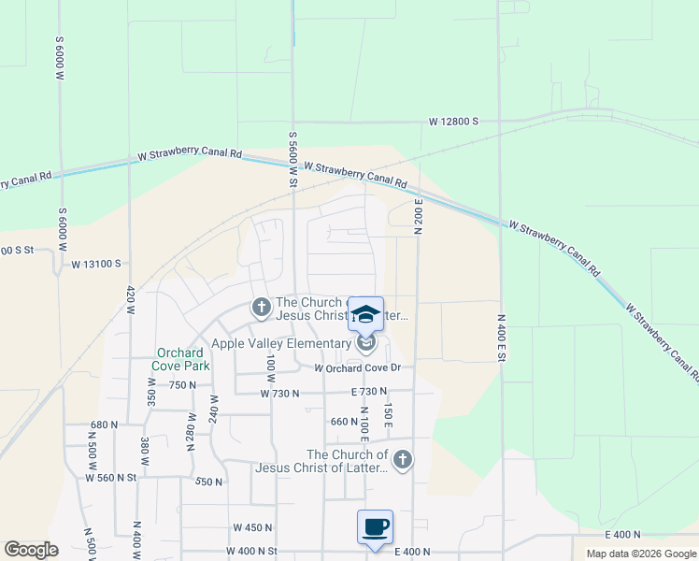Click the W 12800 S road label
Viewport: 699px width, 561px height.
[x=453, y=122]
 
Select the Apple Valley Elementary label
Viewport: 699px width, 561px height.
[x=280, y=344]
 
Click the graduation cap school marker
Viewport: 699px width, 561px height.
[x=365, y=313]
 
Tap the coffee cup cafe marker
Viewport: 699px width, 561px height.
[x=375, y=527]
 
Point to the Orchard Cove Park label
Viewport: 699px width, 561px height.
[x=183, y=359]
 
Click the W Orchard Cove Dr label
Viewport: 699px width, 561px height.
[x=357, y=367]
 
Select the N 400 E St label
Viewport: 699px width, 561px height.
[x=502, y=338]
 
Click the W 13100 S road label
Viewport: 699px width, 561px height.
[x=97, y=265]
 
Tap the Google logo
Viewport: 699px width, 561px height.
[x=31, y=550]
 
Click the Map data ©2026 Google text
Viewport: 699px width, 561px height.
[x=640, y=554]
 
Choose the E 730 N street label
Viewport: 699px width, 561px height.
[x=369, y=393]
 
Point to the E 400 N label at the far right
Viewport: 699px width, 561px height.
[x=622, y=534]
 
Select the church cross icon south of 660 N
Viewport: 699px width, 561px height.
[x=403, y=459]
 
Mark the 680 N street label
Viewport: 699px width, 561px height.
[x=104, y=424]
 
